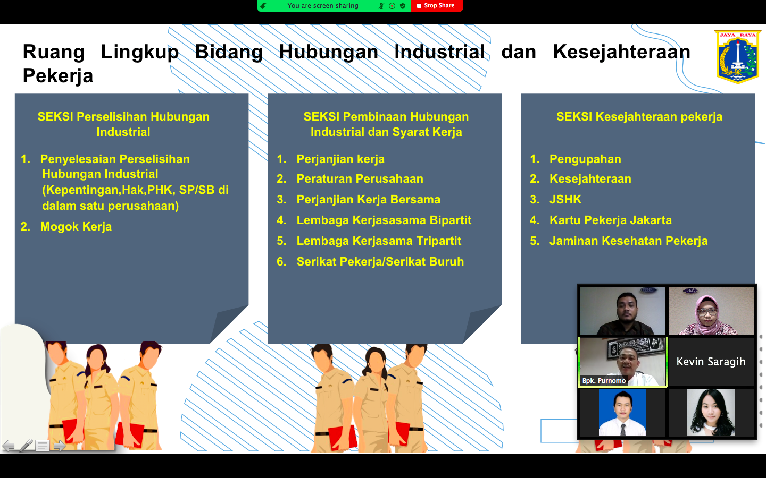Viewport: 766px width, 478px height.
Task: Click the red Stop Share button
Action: (437, 6)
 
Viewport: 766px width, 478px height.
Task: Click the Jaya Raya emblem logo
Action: (738, 57)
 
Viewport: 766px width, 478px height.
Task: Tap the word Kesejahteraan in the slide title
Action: (621, 52)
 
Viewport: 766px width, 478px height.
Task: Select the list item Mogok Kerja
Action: (76, 227)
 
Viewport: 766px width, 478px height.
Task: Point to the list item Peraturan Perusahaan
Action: (360, 179)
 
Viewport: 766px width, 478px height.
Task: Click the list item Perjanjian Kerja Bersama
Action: (368, 199)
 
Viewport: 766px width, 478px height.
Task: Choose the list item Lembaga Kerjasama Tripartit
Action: (379, 241)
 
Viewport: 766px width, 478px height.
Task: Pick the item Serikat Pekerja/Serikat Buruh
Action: (380, 261)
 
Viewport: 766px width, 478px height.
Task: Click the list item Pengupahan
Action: (585, 159)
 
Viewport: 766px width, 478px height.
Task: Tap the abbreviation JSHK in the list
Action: (565, 199)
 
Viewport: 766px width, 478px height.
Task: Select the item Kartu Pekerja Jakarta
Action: (611, 220)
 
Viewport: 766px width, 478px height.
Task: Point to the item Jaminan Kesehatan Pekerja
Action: (629, 241)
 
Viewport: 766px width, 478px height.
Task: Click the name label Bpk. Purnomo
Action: (604, 380)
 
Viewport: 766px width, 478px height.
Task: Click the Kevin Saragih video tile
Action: (711, 362)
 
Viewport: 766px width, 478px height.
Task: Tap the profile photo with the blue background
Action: (622, 413)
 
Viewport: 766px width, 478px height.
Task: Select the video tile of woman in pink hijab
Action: (711, 311)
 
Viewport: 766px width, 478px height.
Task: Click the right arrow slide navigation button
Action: (60, 446)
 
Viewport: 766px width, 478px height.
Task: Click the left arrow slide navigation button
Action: (9, 446)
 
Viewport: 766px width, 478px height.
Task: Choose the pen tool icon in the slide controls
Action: (26, 445)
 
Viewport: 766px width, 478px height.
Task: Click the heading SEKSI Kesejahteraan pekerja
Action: (639, 117)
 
